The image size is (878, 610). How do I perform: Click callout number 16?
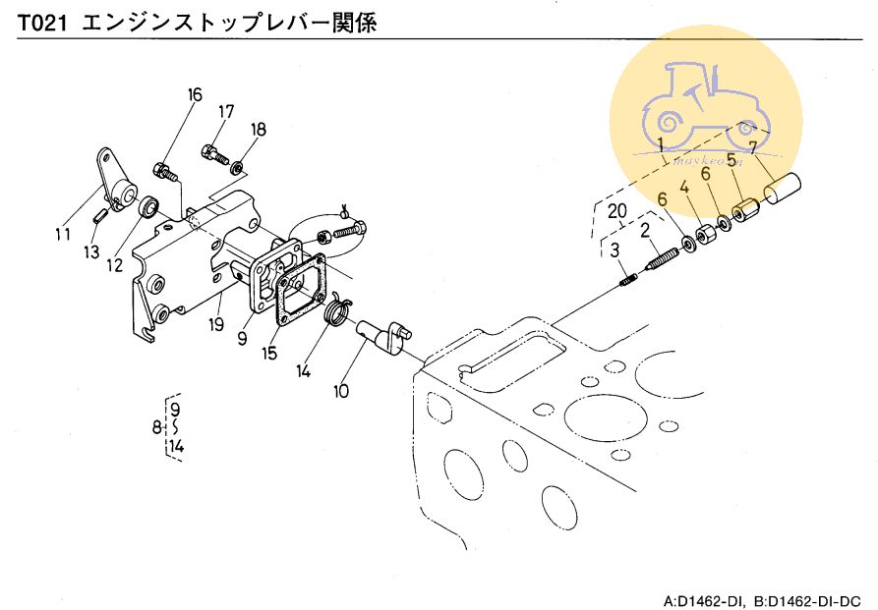pyautogui.click(x=195, y=95)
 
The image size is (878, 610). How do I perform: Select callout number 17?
pyautogui.click(x=226, y=111)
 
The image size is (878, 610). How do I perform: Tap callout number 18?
pyautogui.click(x=258, y=130)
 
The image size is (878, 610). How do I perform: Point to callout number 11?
pyautogui.click(x=63, y=234)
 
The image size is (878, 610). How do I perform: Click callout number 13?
pyautogui.click(x=91, y=252)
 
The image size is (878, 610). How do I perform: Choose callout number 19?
pyautogui.click(x=217, y=322)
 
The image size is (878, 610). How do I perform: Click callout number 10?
pyautogui.click(x=340, y=390)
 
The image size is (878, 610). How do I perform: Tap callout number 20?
pyautogui.click(x=616, y=210)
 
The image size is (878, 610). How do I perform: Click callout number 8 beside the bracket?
pyautogui.click(x=156, y=427)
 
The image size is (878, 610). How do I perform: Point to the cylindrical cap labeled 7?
pyautogui.click(x=780, y=187)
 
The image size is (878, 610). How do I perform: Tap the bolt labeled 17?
pyautogui.click(x=214, y=153)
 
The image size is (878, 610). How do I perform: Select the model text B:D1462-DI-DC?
pyautogui.click(x=807, y=599)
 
